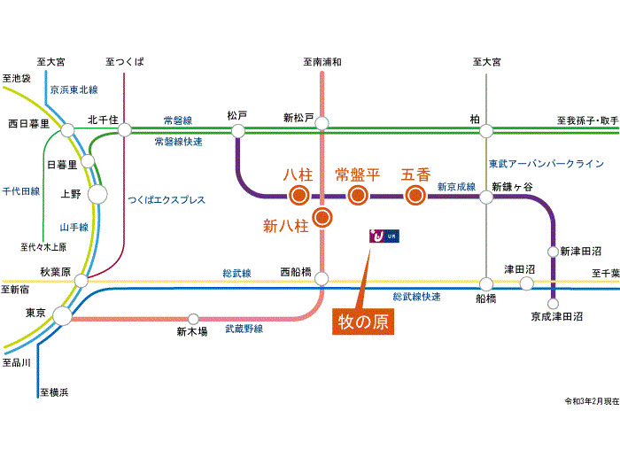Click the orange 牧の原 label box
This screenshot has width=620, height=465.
pyautogui.click(x=363, y=321)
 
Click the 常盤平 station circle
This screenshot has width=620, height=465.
pyautogui.click(x=357, y=196)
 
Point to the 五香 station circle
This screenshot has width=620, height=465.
pyautogui.click(x=415, y=196)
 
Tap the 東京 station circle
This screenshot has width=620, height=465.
pyautogui.click(x=62, y=314)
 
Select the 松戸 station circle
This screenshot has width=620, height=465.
pyautogui.click(x=237, y=130)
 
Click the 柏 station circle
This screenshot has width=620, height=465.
pyautogui.click(x=486, y=130)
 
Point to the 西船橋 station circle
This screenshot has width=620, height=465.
pyautogui.click(x=322, y=278)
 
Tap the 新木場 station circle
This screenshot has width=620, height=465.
pyautogui.click(x=193, y=318)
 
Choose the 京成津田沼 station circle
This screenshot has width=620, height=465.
pyautogui.click(x=554, y=303)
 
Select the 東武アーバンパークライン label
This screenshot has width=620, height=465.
pyautogui.click(x=546, y=164)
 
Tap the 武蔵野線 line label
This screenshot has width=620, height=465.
pyautogui.click(x=243, y=329)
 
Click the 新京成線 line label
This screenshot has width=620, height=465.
pyautogui.click(x=456, y=187)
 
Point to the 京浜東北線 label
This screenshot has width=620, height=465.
pyautogui.click(x=74, y=89)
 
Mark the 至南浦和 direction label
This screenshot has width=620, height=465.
pyautogui.click(x=322, y=62)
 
